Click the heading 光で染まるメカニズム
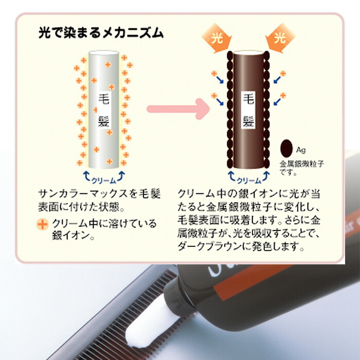(x=101, y=33)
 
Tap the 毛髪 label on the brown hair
(x=248, y=109)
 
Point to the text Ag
(x=301, y=150)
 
